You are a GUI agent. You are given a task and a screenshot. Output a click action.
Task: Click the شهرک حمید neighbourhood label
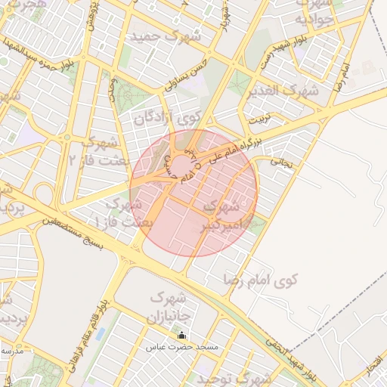coord(164,36)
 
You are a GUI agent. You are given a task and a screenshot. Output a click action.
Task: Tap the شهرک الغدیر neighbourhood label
coord(283,91)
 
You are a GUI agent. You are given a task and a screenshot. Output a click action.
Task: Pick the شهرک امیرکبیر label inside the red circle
coord(222,215)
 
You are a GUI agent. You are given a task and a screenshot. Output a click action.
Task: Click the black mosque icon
coord(181,335)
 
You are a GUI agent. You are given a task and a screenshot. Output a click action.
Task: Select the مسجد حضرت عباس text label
coord(183,347)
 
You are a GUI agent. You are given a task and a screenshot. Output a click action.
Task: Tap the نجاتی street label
coord(280,161)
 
